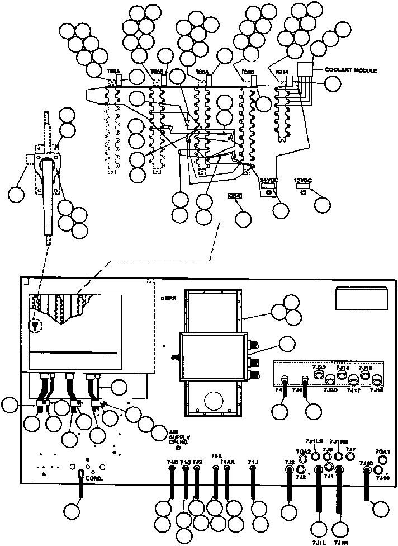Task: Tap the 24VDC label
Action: tap(269, 180)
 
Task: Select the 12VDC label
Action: tap(302, 181)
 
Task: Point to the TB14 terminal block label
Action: tap(281, 72)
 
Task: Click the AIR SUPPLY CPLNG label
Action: tap(177, 437)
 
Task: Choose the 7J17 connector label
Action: tap(354, 391)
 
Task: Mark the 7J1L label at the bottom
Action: tap(319, 542)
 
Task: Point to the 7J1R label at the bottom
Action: tap(340, 542)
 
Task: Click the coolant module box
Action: tap(305, 70)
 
